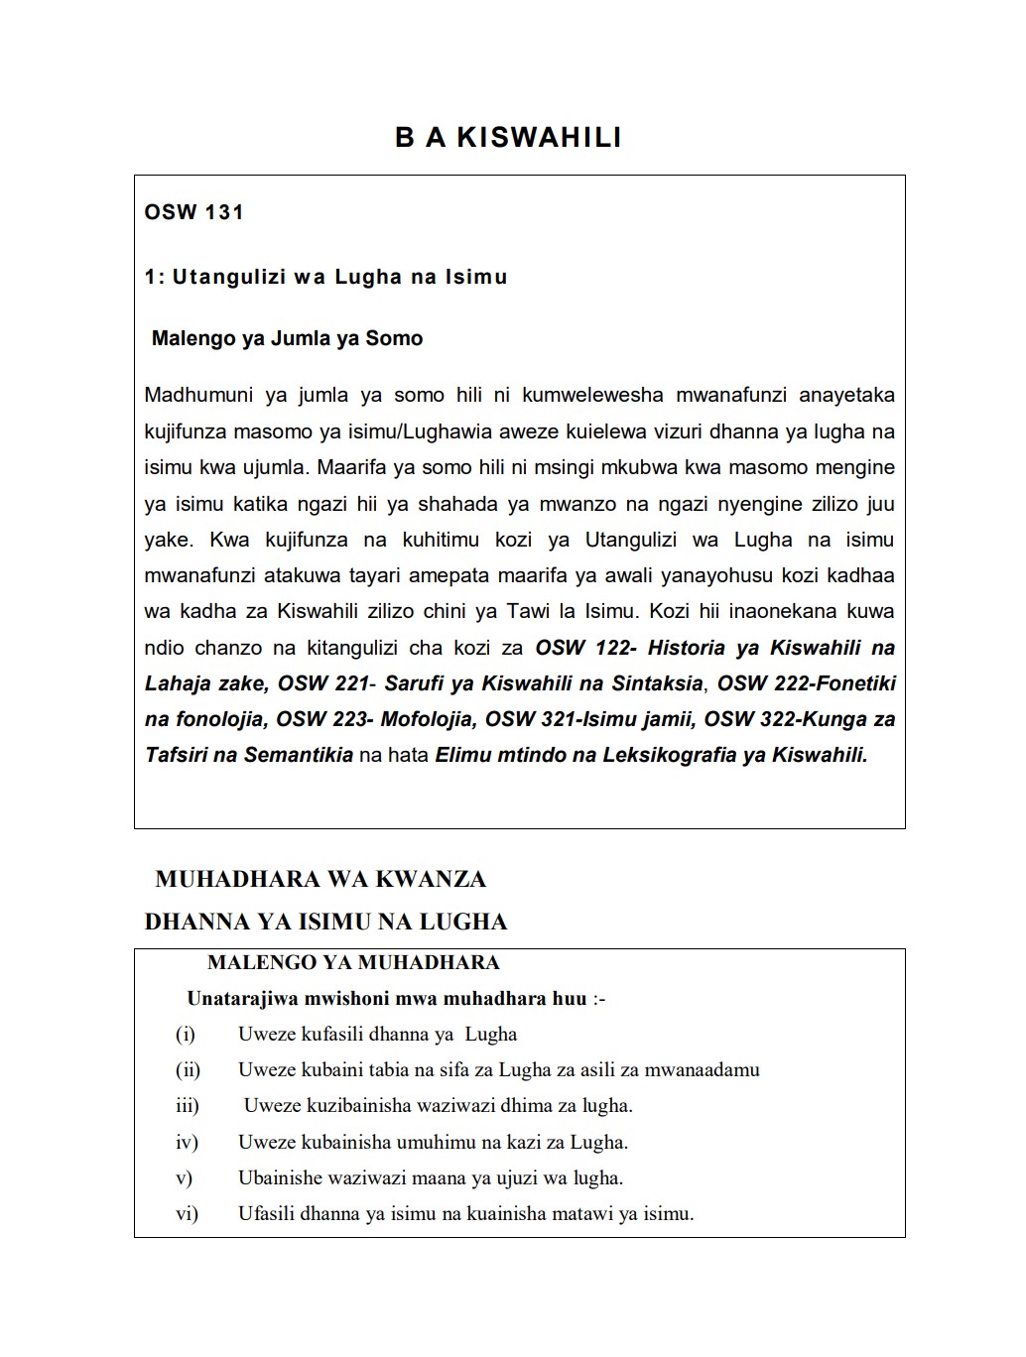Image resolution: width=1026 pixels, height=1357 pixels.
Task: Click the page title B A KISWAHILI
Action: click(508, 137)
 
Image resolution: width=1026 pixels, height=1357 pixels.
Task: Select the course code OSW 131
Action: click(193, 212)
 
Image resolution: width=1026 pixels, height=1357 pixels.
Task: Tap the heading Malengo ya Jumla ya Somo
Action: click(287, 338)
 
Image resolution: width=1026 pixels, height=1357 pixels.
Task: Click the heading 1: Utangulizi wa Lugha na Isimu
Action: click(325, 277)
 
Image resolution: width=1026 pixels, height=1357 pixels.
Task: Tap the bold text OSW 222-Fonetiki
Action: click(806, 683)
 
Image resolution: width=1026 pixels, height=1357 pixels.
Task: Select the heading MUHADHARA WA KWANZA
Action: click(321, 879)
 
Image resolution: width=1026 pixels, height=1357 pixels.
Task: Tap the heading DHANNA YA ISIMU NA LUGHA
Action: click(325, 922)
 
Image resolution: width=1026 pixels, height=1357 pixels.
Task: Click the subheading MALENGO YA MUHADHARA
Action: click(353, 962)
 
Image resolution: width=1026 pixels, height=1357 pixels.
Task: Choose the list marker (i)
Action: click(186, 1034)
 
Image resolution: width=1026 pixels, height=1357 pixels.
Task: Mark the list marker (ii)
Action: click(188, 1069)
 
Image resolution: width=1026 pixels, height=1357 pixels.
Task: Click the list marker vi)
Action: click(187, 1213)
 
